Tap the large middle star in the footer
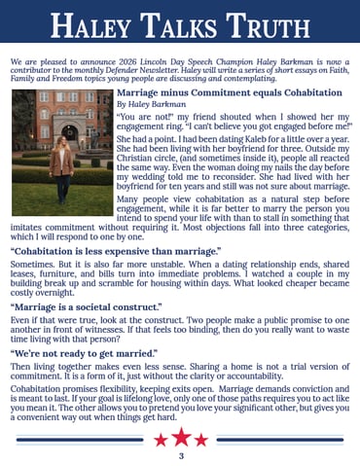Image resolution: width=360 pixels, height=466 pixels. [180, 437]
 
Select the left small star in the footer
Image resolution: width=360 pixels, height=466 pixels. [160, 440]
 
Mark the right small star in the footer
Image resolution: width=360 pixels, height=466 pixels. [201, 440]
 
